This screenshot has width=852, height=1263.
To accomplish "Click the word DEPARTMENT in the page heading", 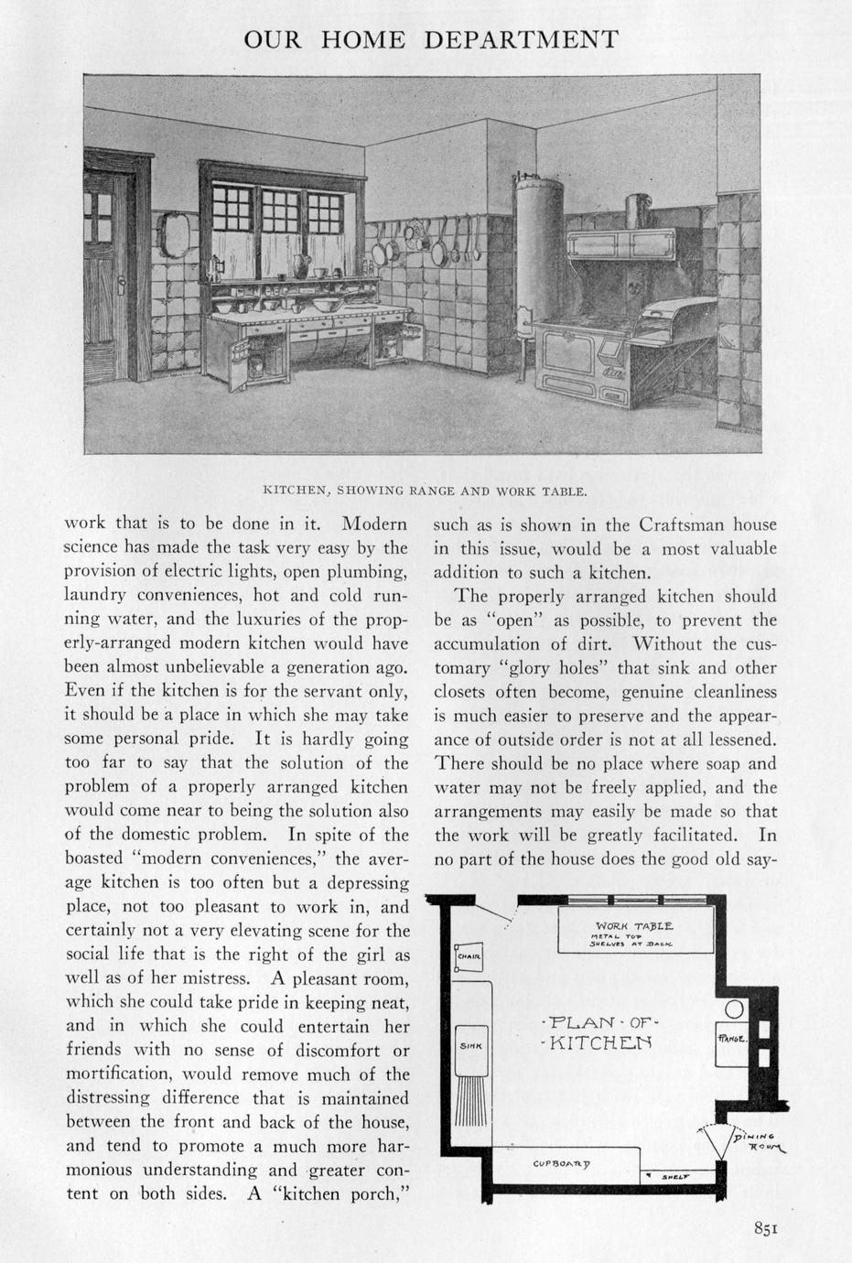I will coord(521,40).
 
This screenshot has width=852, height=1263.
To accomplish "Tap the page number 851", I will coord(766,1229).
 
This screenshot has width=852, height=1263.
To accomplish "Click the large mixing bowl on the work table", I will coord(326,303).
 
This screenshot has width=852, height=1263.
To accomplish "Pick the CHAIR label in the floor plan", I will coord(469,957).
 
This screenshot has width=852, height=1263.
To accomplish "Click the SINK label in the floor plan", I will coord(470,1044).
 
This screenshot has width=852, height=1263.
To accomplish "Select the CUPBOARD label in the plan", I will coord(561,1163).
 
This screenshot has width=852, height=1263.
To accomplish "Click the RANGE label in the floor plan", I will coord(733,1039).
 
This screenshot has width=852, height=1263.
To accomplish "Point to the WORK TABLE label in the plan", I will coord(634,926).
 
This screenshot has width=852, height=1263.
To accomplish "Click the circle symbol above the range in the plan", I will coord(734,1009).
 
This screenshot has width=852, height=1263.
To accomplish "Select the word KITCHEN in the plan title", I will coord(599,1042).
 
